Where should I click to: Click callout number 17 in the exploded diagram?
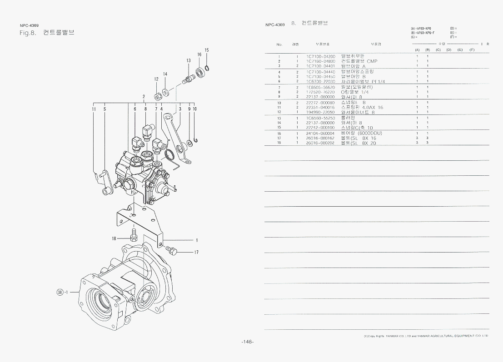196,252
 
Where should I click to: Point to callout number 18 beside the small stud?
114,238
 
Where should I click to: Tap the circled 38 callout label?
59,292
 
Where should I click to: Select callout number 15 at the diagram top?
207,50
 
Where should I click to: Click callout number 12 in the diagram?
156,79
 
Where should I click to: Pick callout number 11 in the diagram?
94,109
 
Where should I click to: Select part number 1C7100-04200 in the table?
320,56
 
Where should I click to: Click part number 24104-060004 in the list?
320,134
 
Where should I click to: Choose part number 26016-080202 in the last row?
320,143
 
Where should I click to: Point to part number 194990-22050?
320,112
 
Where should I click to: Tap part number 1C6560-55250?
320,118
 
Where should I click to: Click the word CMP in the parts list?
372,61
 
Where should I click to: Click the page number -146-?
248,342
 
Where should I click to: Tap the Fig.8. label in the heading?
28,33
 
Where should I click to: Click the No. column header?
279,44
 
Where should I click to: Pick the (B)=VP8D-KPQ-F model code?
423,33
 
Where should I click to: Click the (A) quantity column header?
417,50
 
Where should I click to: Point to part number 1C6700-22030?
320,82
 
